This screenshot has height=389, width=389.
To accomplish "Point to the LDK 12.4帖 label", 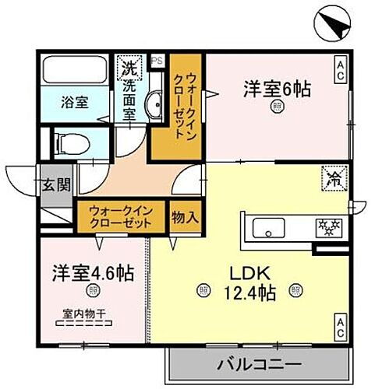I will click(x=249, y=282).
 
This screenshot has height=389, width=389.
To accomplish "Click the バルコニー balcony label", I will click(x=252, y=365).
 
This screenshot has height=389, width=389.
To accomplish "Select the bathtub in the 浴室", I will click(x=75, y=71).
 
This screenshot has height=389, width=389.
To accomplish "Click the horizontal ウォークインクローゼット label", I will click(x=120, y=216).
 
